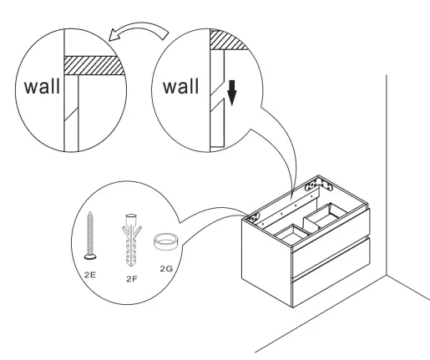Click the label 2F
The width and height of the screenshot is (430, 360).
130,276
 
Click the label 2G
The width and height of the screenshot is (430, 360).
168,270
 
